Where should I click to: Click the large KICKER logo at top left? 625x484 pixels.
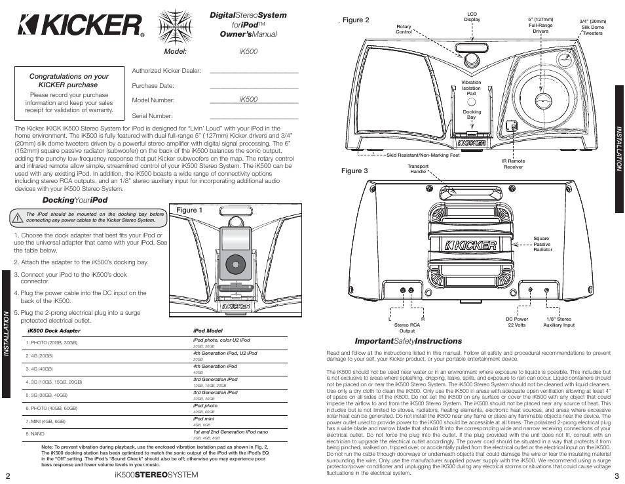click(81, 26)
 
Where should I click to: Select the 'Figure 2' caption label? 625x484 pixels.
click(356, 20)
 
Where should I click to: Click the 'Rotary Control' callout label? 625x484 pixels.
click(404, 29)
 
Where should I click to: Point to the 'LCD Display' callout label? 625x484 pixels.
click(472, 16)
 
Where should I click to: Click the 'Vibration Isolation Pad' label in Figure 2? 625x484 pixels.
click(471, 88)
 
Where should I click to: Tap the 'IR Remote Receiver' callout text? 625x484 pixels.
click(513, 163)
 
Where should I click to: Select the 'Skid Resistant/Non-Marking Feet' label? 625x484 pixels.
click(423, 155)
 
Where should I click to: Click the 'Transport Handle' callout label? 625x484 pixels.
click(418, 169)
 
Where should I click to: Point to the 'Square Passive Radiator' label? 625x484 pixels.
click(542, 244)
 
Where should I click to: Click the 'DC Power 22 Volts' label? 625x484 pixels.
click(516, 322)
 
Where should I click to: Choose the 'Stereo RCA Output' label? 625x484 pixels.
click(407, 327)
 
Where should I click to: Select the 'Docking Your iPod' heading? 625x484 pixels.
click(75, 200)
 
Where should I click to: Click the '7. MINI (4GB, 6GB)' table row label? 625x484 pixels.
click(46, 421)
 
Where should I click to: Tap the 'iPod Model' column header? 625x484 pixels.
click(208, 331)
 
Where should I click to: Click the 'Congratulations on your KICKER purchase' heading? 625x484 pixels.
click(69, 81)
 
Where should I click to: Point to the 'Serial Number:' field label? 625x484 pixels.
click(152, 116)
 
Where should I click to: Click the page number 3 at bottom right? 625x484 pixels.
click(616, 476)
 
